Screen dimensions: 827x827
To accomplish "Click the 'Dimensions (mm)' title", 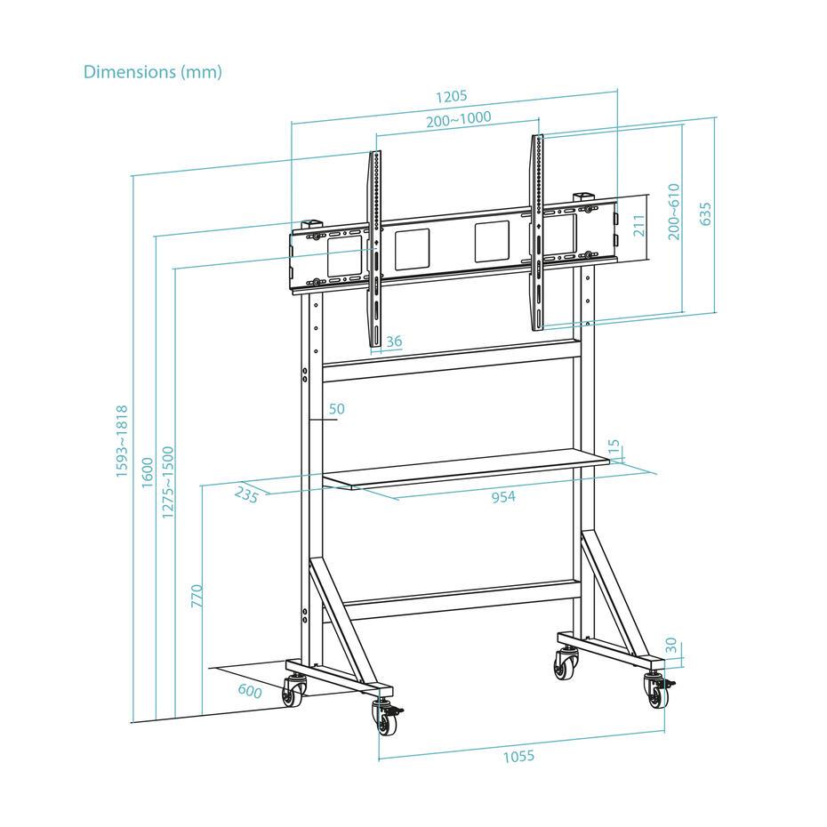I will (152, 72).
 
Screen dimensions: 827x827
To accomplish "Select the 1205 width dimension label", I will (451, 97).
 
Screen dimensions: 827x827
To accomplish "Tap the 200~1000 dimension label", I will (458, 120).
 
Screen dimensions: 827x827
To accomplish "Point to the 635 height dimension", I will (705, 214).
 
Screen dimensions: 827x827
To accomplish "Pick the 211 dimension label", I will (638, 225).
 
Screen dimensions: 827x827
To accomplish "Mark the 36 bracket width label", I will (394, 341).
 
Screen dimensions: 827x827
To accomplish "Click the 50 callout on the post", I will (336, 409).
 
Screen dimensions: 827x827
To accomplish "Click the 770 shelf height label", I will (197, 595).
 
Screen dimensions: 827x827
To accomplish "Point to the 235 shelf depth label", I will (246, 494).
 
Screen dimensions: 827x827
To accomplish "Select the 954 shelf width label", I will (503, 496).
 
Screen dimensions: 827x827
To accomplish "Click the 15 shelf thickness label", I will (613, 448).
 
